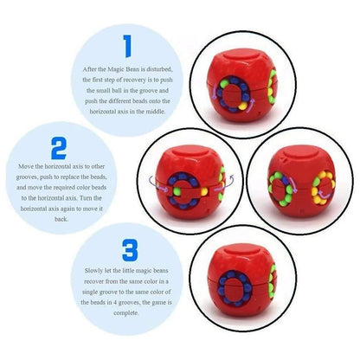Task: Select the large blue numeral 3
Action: pyautogui.click(x=129, y=252)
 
